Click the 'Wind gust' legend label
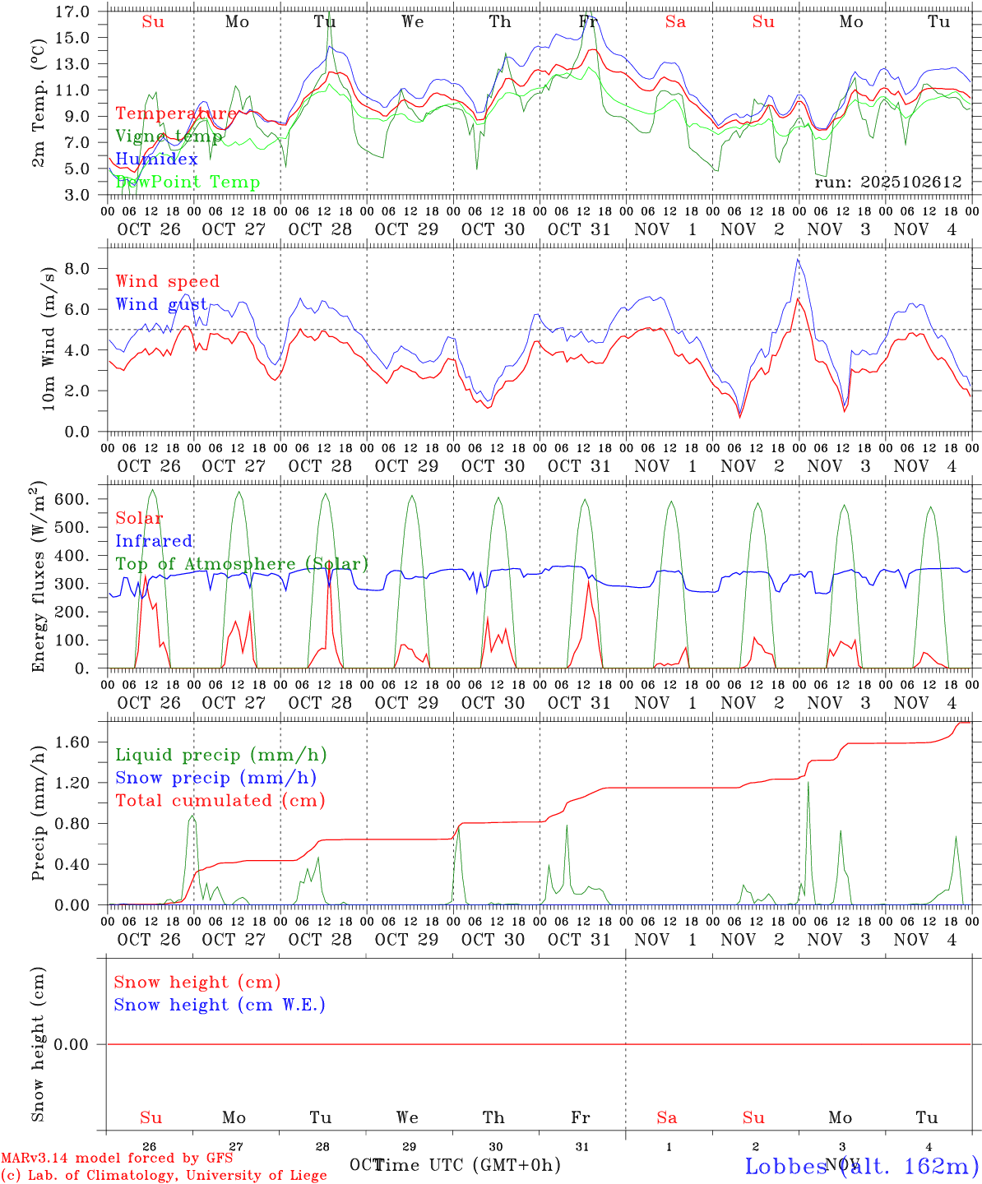coord(161,304)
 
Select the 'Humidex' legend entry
coord(156,159)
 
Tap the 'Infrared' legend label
coord(154,541)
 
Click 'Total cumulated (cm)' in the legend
coord(220,800)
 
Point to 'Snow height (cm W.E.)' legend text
coord(220,1005)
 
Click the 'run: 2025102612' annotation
coord(887,182)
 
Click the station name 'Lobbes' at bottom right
coord(786,1166)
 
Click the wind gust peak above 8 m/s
coord(797,260)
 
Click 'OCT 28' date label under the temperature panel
coord(320,229)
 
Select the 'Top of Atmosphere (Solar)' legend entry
coord(242,564)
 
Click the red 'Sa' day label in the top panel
coord(675,22)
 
